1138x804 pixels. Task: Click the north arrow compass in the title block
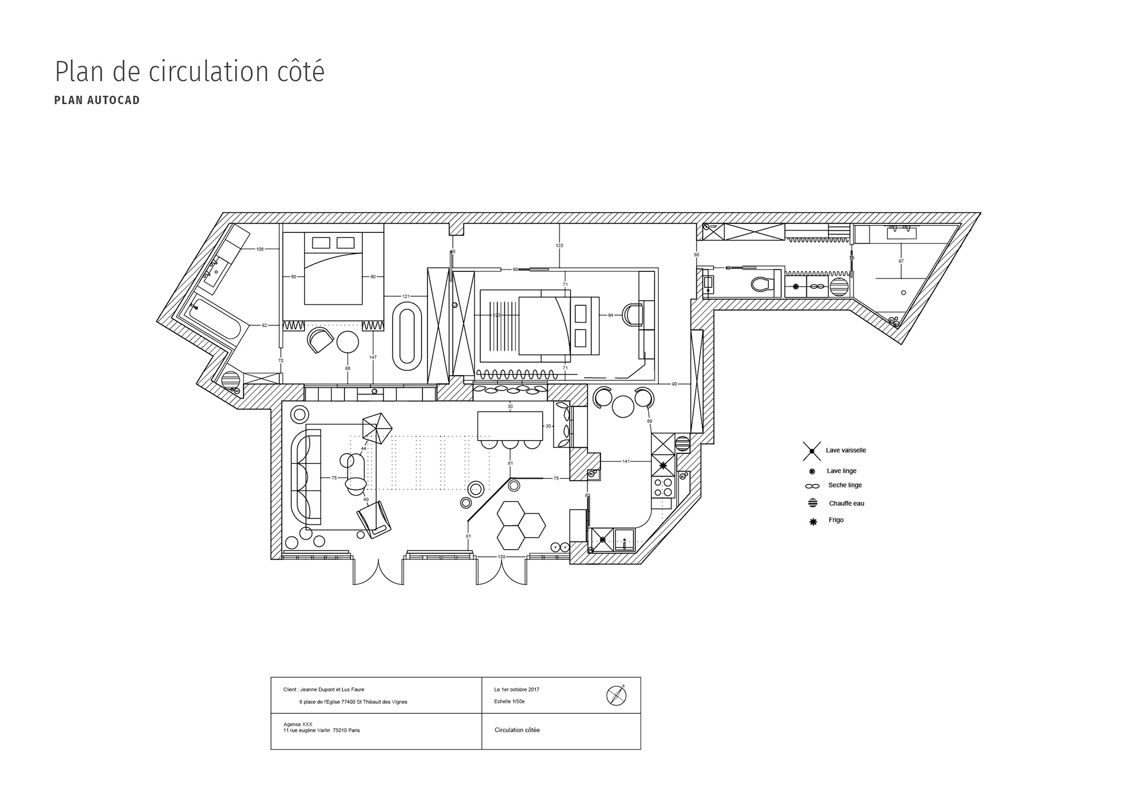tap(616, 694)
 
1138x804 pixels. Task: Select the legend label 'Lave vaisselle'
tap(846, 450)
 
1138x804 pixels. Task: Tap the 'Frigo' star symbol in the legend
tap(813, 521)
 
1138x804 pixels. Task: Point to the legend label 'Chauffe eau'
tap(846, 504)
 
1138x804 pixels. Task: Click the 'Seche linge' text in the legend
tap(845, 485)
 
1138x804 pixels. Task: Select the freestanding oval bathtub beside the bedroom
tap(407, 333)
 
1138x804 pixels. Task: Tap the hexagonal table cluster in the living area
tap(520, 524)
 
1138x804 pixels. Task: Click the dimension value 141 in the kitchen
tap(626, 461)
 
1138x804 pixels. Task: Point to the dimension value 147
tap(373, 357)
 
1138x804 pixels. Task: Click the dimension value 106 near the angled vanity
tap(260, 249)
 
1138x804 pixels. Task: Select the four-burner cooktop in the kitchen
tap(662, 487)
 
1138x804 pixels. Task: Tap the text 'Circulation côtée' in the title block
tap(517, 730)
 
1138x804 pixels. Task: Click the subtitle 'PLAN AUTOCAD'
tap(97, 100)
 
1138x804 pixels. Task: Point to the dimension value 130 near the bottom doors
tap(501, 556)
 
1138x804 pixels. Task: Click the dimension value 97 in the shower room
tap(901, 261)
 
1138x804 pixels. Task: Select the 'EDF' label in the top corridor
tap(714, 227)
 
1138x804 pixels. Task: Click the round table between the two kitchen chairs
tap(623, 406)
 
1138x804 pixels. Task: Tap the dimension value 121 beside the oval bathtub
tap(406, 296)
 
